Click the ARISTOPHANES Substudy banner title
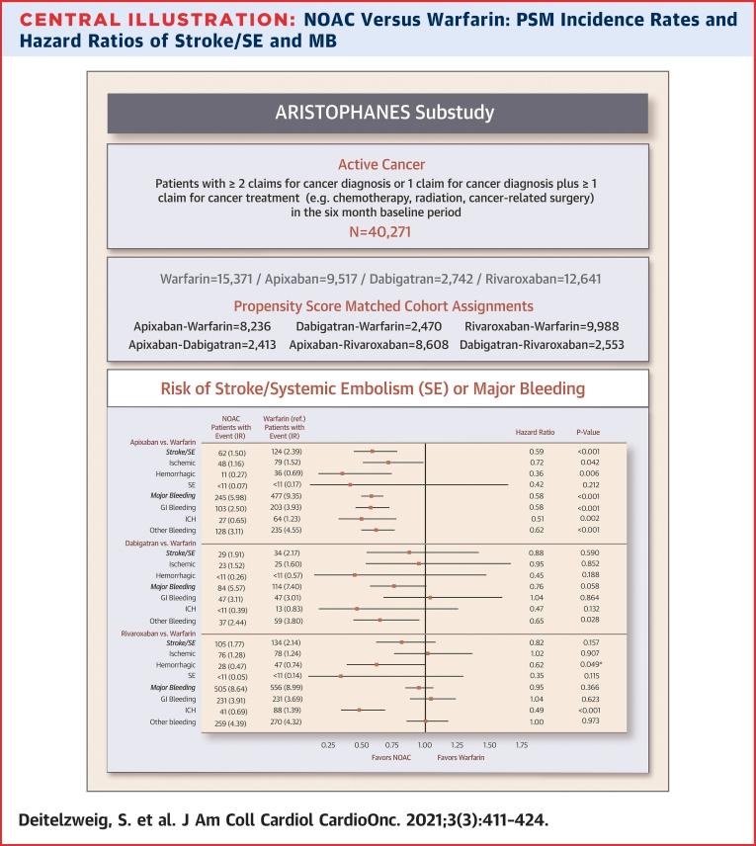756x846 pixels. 377,112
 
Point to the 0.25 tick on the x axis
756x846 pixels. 330,744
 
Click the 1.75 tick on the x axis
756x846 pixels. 521,744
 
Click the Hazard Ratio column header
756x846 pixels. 535,432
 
